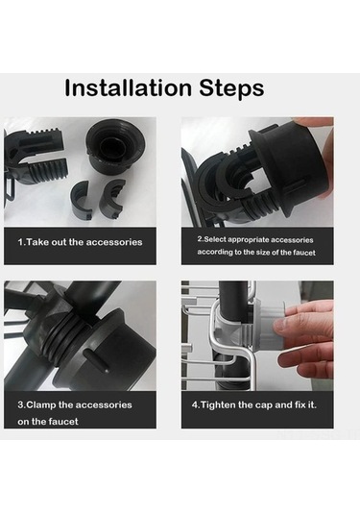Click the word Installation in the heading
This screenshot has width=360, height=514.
[128, 87]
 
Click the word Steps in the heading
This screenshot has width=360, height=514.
[231, 87]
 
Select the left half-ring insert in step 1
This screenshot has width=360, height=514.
[83, 199]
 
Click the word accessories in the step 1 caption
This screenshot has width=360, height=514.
[114, 242]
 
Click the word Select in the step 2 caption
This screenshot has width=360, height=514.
[215, 239]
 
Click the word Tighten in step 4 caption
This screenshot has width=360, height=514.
[218, 405]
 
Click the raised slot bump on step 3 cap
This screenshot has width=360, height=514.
[97, 360]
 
